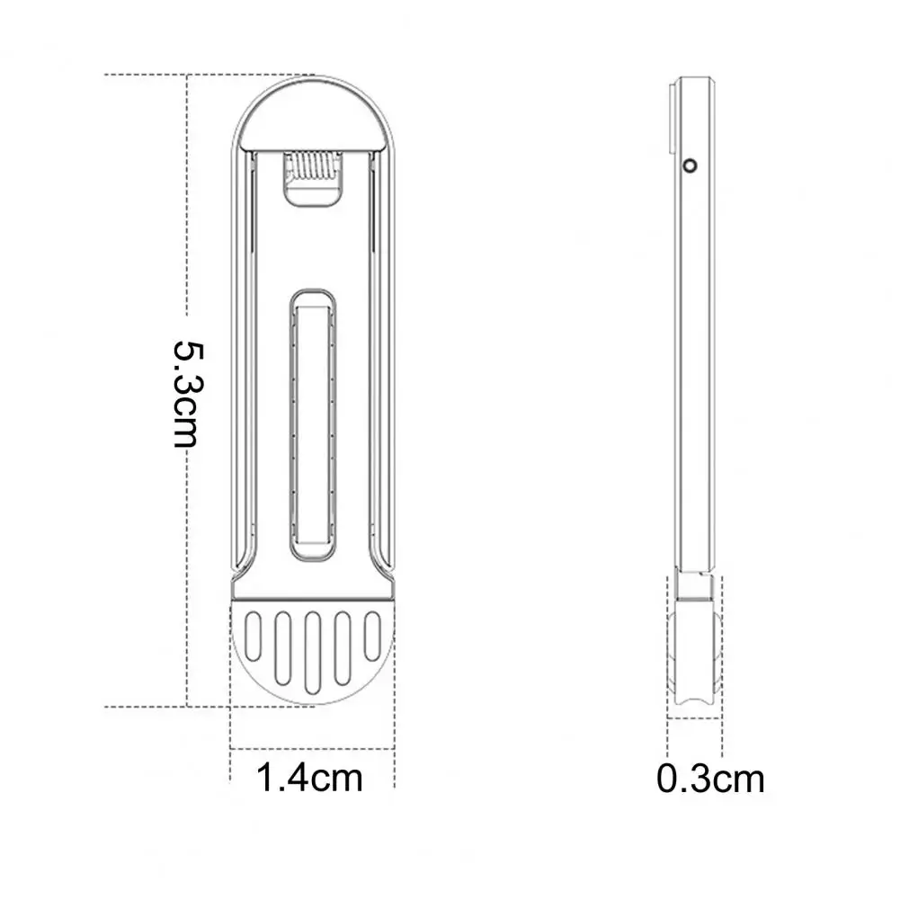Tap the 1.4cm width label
(310, 777)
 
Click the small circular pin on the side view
(691, 165)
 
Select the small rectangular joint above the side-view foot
(694, 586)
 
